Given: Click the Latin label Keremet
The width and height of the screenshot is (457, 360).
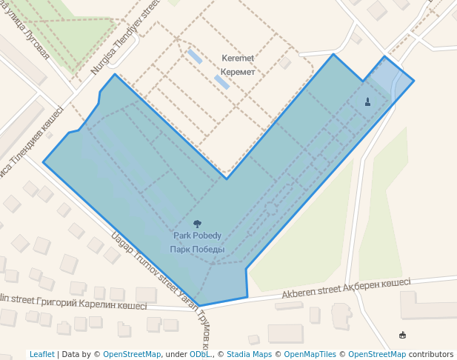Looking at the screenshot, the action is (x=238, y=58).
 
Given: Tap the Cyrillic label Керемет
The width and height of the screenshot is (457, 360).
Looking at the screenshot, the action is (x=238, y=72).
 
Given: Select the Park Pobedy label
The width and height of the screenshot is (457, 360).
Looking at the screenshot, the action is (x=197, y=236).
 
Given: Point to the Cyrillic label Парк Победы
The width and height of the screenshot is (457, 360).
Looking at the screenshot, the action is (x=197, y=249).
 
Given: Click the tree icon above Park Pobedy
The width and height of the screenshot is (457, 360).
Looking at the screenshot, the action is (x=197, y=223).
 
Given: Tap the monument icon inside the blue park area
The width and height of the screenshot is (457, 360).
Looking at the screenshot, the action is (x=368, y=101).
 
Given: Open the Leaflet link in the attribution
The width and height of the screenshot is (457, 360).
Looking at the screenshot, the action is (x=41, y=354).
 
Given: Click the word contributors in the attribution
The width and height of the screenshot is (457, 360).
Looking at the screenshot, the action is (x=431, y=354).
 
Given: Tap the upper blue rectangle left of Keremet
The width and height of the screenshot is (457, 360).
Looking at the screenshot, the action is (x=194, y=56).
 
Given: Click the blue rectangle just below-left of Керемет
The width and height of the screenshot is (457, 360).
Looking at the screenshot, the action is (x=221, y=81).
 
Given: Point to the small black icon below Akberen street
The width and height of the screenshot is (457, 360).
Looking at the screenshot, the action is (x=402, y=335).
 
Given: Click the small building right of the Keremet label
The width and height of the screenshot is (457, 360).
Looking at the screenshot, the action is (x=285, y=63).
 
